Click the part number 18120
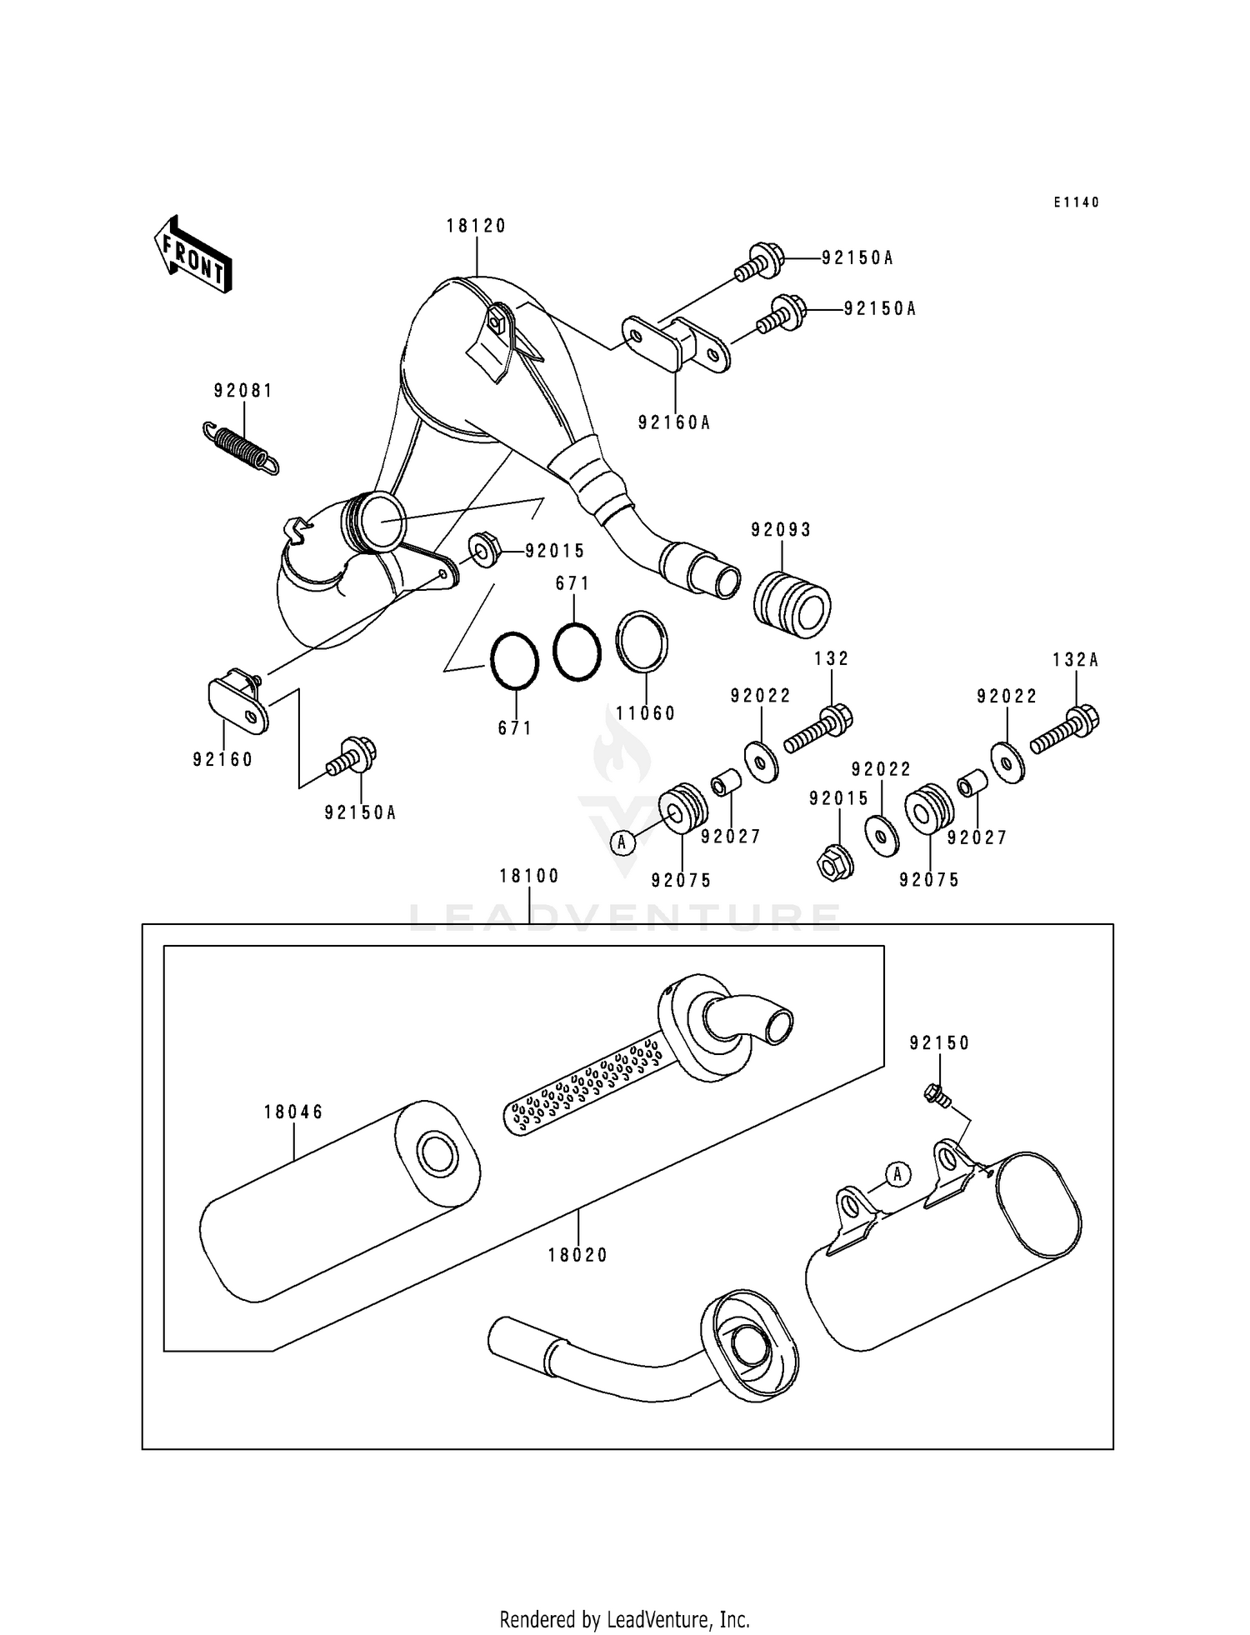[x=476, y=226]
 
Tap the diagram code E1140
[x=1076, y=202]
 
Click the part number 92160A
[x=674, y=422]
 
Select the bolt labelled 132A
[x=1065, y=730]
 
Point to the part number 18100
[x=529, y=876]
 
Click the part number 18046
[x=293, y=1112]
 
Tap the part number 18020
[x=578, y=1255]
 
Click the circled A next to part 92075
[x=621, y=842]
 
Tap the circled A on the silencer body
[x=897, y=1175]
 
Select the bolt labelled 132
[x=818, y=730]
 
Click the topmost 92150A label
[x=857, y=258]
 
